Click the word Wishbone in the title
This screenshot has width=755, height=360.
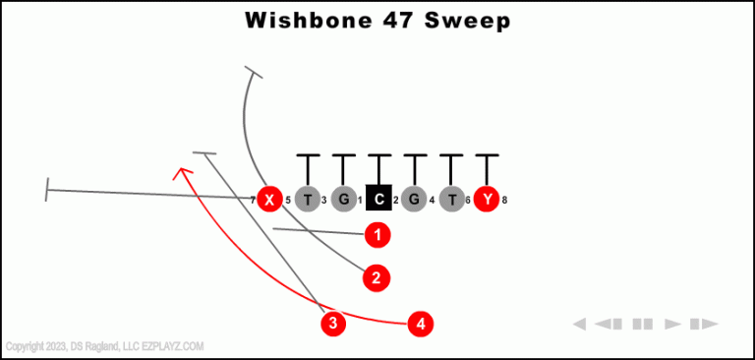(x=303, y=20)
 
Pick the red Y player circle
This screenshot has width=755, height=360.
(x=487, y=200)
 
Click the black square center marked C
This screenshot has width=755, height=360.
(x=378, y=200)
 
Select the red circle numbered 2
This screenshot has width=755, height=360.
(x=377, y=278)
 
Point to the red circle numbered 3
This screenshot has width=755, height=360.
(x=333, y=323)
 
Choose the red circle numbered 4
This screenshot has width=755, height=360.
(x=421, y=323)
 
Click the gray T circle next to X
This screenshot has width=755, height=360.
(x=308, y=200)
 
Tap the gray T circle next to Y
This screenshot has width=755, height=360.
(x=451, y=200)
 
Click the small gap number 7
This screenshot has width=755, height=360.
(x=253, y=201)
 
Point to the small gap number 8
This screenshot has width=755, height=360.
(x=504, y=201)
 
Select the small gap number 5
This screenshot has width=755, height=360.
(x=288, y=201)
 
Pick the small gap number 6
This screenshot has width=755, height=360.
(x=469, y=201)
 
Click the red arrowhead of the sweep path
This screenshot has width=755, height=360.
(x=180, y=173)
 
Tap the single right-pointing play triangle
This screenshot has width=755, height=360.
(x=673, y=324)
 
